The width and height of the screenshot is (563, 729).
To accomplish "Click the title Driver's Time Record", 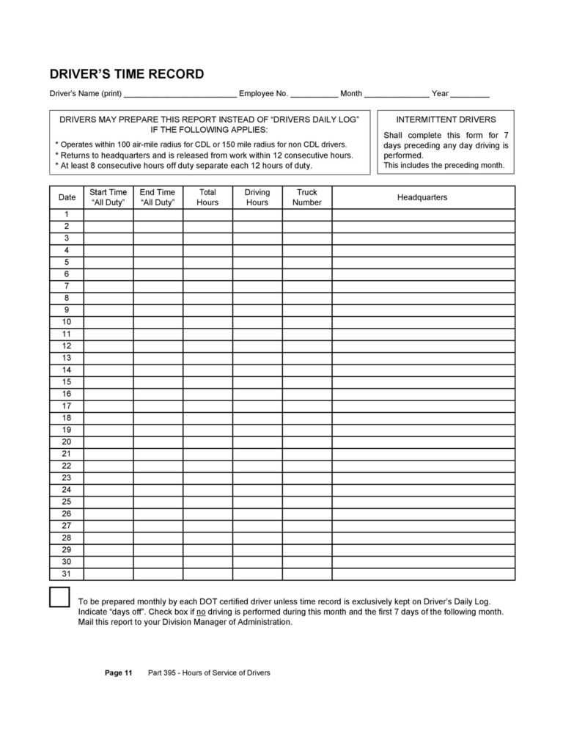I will pyautogui.click(x=126, y=74).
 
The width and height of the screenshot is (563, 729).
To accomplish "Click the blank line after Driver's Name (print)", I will pyautogui.click(x=180, y=95).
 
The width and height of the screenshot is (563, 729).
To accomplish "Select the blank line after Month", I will pyautogui.click(x=397, y=95).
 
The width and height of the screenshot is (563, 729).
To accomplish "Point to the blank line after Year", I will pyautogui.click(x=470, y=95).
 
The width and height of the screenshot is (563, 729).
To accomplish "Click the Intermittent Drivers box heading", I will pyautogui.click(x=446, y=119).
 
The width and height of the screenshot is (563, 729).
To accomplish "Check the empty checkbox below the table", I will pyautogui.click(x=59, y=597).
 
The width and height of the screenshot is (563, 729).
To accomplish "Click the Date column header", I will pyautogui.click(x=67, y=197).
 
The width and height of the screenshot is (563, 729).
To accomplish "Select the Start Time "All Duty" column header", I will pyautogui.click(x=108, y=197).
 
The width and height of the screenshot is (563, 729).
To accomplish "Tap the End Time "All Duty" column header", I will pyautogui.click(x=158, y=197).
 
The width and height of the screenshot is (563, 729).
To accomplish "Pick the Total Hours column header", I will pyautogui.click(x=207, y=197).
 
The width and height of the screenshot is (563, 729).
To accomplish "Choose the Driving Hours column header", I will pyautogui.click(x=257, y=197).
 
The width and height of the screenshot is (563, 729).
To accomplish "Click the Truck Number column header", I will pyautogui.click(x=307, y=197).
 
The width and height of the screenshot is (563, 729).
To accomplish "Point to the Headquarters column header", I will pyautogui.click(x=422, y=197).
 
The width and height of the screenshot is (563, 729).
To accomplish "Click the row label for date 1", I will pyautogui.click(x=67, y=214).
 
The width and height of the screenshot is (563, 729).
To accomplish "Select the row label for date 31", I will pyautogui.click(x=67, y=574).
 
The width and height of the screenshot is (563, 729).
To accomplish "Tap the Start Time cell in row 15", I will pyautogui.click(x=108, y=382).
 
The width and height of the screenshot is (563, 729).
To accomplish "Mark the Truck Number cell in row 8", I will pyautogui.click(x=307, y=298).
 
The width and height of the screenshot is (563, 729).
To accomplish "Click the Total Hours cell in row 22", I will pyautogui.click(x=207, y=466).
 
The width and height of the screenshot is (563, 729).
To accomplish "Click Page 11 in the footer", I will pyautogui.click(x=118, y=673).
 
